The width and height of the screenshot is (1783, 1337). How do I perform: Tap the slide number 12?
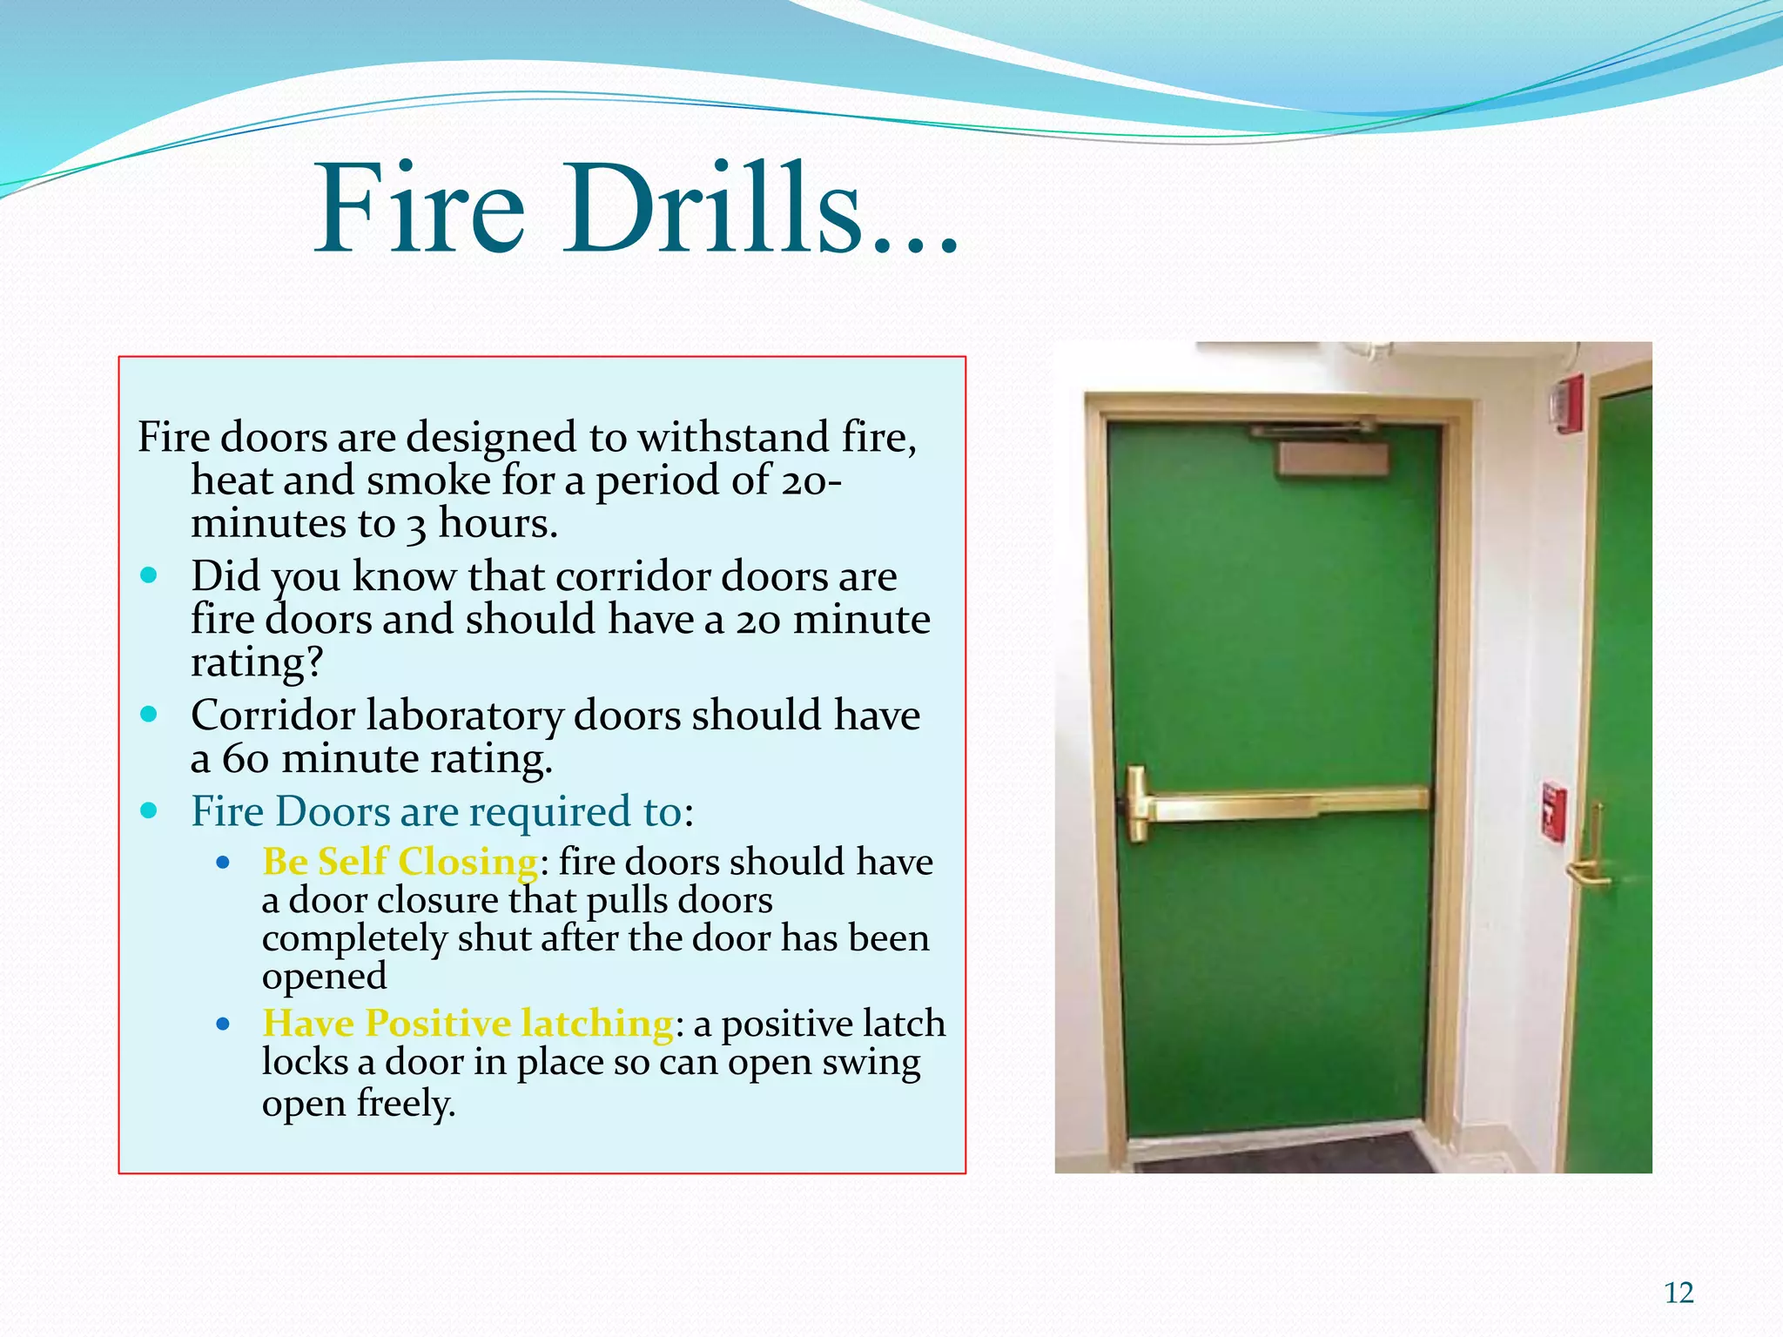[1679, 1293]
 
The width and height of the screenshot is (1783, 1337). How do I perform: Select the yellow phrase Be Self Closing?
[400, 862]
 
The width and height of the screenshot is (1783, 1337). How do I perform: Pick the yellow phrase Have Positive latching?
[468, 1023]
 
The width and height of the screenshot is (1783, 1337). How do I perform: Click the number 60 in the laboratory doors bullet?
[245, 759]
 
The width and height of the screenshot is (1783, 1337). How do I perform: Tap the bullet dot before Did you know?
[149, 575]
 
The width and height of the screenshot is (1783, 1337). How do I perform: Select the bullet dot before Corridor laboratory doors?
[149, 715]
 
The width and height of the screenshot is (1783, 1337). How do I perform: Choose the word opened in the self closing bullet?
[324, 976]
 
